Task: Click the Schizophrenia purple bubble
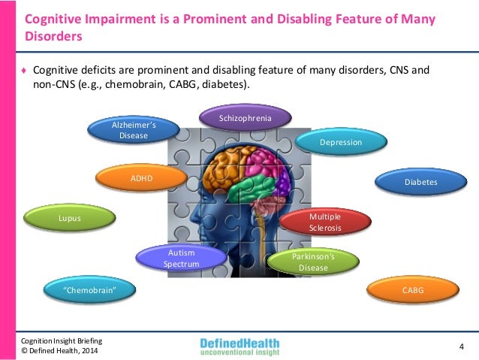(x=245, y=119)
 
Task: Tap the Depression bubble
(x=341, y=141)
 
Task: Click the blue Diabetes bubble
(x=420, y=181)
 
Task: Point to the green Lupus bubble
(x=69, y=219)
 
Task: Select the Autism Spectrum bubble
(x=182, y=259)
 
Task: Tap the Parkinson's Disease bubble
(x=313, y=261)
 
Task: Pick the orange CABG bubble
(x=413, y=289)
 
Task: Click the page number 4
(x=461, y=346)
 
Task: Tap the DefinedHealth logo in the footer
(x=239, y=346)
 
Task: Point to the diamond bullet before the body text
(x=24, y=71)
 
